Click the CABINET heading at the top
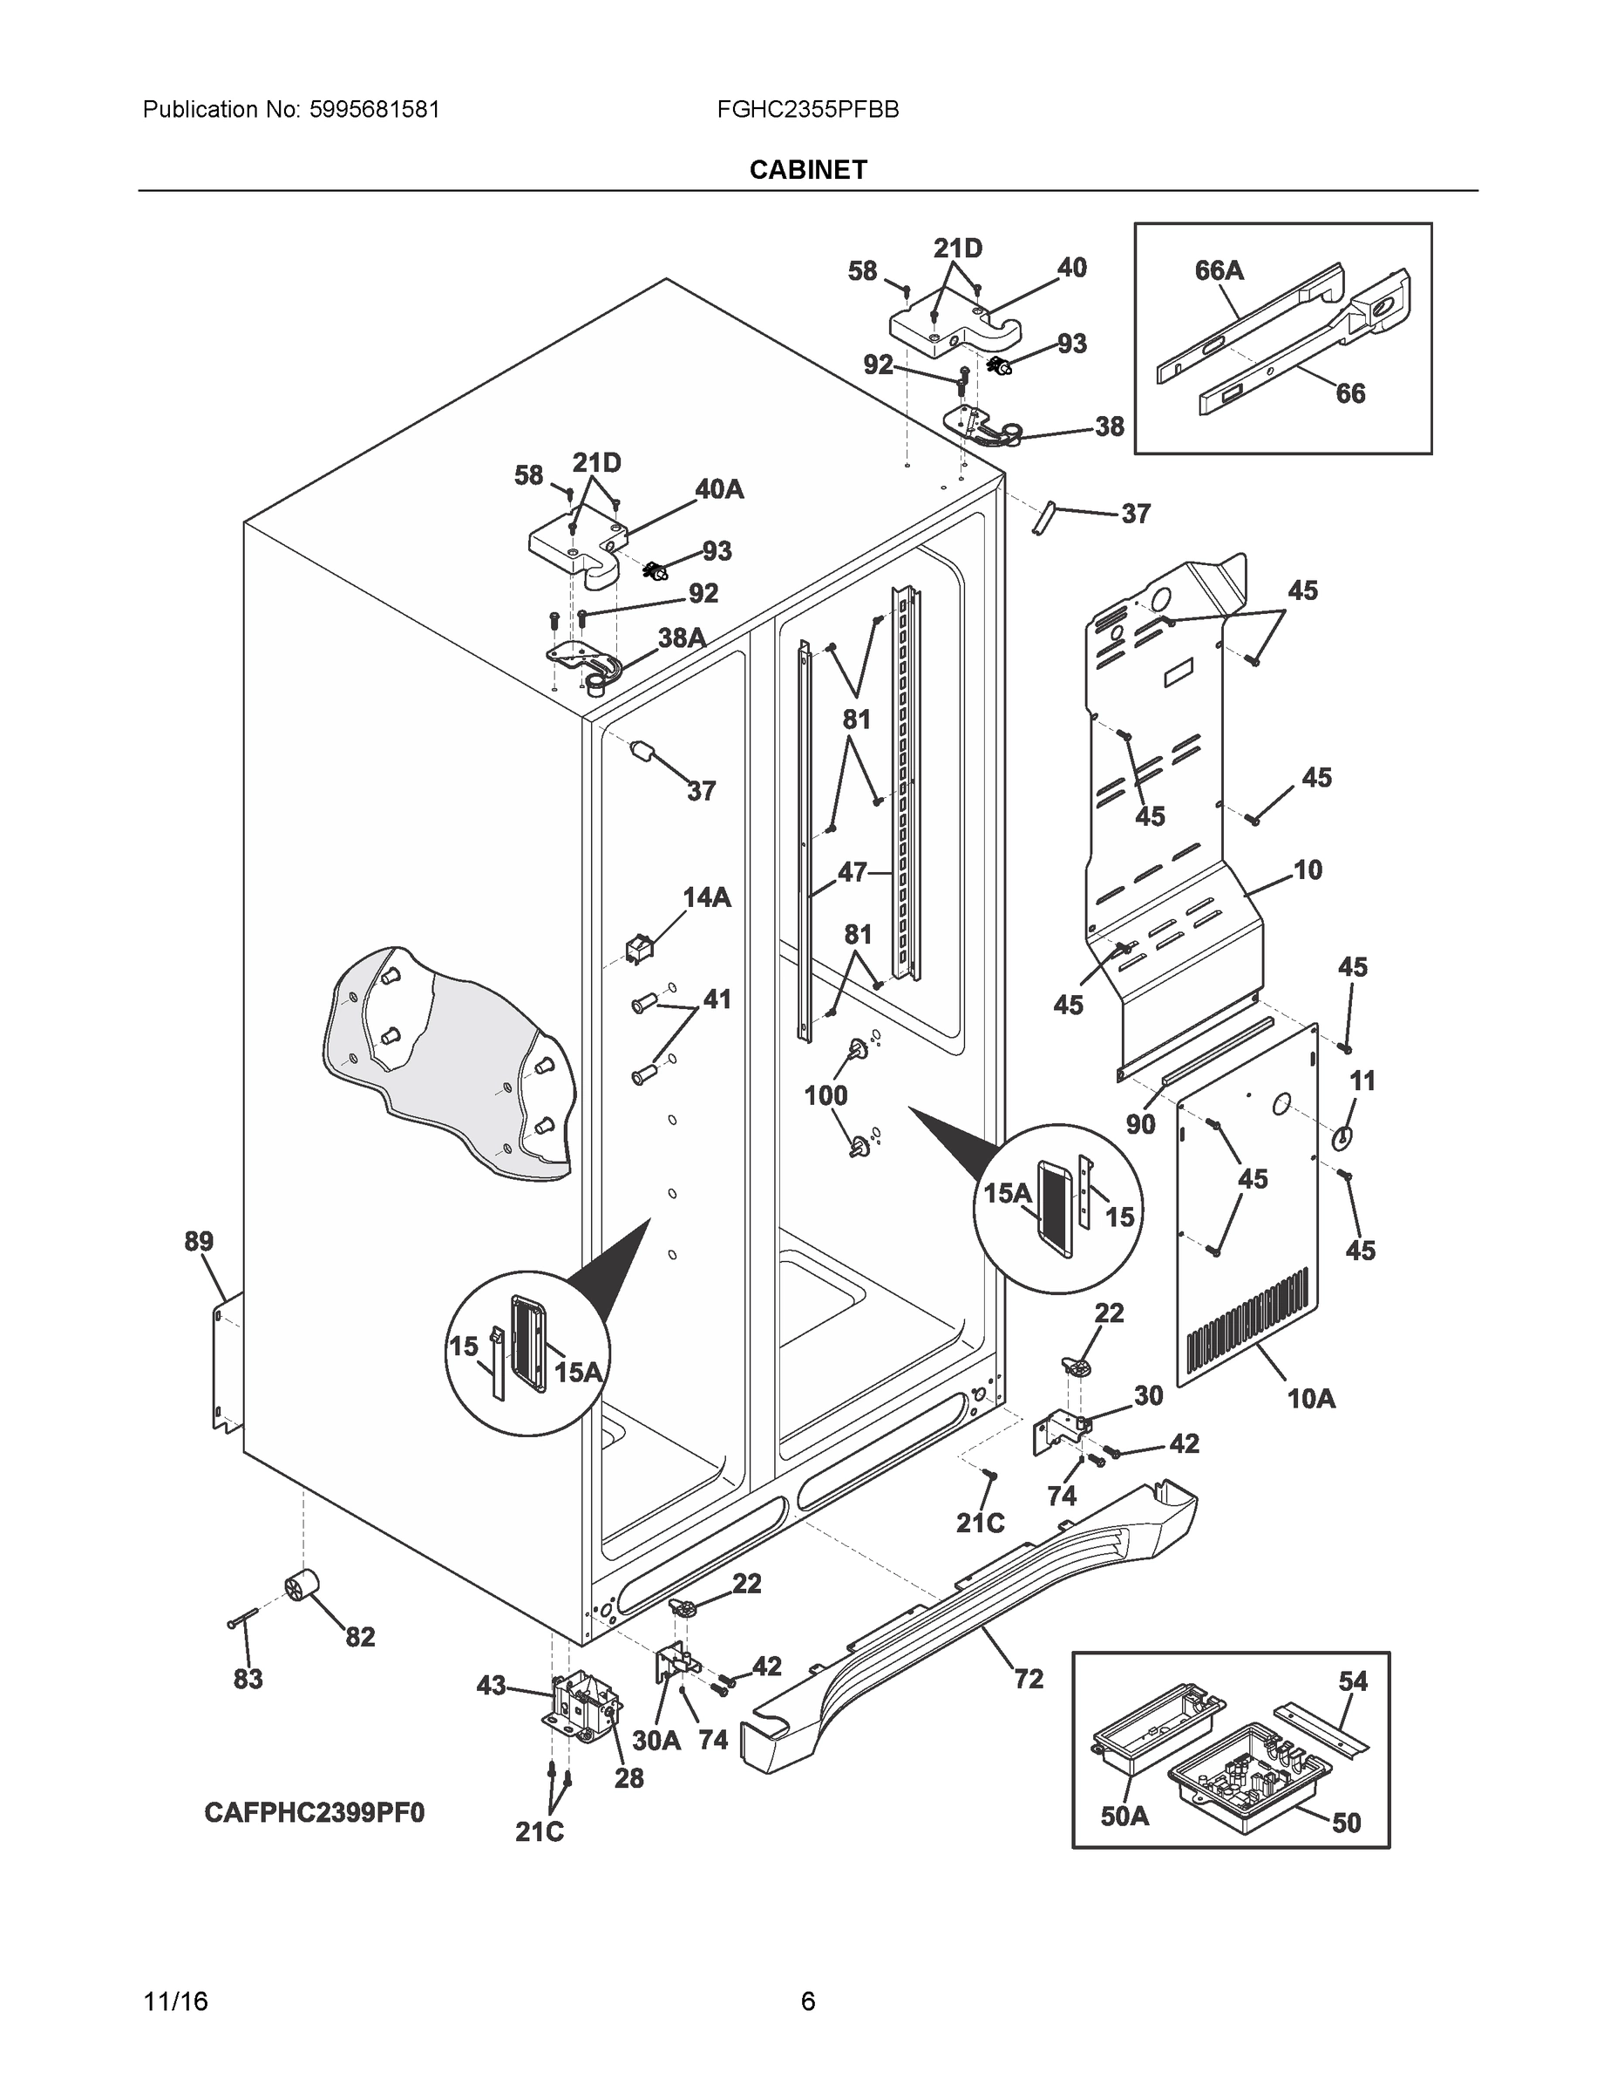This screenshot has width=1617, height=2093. click(x=807, y=170)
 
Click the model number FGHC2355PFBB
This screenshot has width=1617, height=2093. click(x=807, y=109)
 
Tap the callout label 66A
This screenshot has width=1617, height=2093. click(x=1219, y=271)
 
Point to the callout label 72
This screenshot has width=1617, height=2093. click(x=1028, y=1679)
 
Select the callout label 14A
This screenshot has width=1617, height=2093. click(x=706, y=898)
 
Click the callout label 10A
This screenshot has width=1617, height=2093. click(x=1310, y=1398)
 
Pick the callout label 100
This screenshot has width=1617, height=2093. click(x=825, y=1095)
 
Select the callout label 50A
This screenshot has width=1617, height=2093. click(x=1124, y=1815)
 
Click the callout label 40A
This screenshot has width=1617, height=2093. click(x=719, y=490)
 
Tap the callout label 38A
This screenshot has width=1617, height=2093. click(x=681, y=637)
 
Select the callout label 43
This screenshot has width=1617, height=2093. click(x=491, y=1685)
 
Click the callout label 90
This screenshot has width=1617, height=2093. click(x=1140, y=1124)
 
